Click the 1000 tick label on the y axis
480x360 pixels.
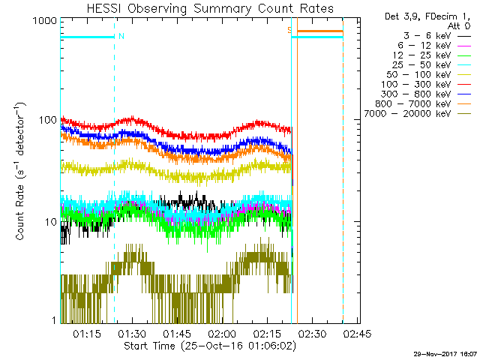click(45, 22)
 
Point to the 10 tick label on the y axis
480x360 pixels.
click(50, 222)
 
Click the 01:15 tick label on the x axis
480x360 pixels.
click(87, 333)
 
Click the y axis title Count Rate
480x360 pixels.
click(24, 172)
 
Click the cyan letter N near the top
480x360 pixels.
click(121, 35)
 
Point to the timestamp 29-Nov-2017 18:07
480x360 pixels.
click(443, 354)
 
